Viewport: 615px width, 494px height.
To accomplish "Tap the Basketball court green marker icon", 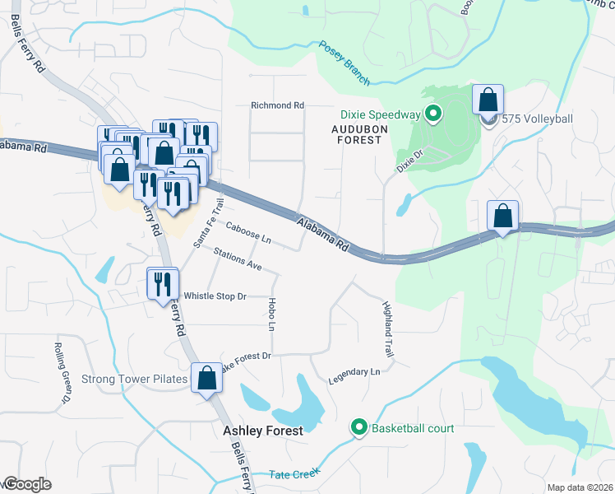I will coord(358,427).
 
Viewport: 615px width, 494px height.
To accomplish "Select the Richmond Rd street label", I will coord(277,105).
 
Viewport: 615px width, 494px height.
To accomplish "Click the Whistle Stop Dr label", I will coord(215,296).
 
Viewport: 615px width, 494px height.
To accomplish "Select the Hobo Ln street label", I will coord(271,314).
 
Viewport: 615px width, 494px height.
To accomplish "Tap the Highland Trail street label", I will coord(388,329).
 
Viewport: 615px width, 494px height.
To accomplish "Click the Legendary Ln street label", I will coord(354,372).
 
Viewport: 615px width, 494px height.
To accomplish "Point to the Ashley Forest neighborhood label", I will coord(263,431).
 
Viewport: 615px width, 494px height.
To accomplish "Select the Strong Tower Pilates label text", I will coord(135,380).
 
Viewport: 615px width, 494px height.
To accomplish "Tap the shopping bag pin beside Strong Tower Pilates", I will coord(206,378).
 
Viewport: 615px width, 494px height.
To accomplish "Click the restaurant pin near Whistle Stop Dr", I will coord(162,283).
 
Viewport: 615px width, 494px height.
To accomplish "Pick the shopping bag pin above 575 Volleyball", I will coord(488,100).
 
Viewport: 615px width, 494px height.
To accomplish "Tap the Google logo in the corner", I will coord(26,484).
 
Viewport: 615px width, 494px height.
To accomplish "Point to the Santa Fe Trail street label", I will coord(208,222).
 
